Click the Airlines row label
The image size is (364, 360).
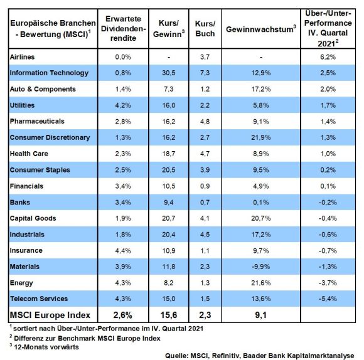[23, 57]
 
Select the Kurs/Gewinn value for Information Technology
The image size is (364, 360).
[169, 73]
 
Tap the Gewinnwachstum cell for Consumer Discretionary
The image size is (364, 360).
[260, 137]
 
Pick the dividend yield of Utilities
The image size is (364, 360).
[123, 105]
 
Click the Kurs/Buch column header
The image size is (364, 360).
[205, 28]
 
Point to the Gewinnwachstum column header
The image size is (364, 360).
[261, 29]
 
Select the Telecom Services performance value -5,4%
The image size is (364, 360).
[328, 299]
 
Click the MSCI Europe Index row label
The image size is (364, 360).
[50, 315]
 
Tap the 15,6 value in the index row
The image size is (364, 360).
[169, 315]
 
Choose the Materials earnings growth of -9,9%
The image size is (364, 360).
[260, 267]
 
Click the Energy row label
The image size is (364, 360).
[21, 283]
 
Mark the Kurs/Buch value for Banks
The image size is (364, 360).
[205, 203]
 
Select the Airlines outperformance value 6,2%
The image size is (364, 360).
[328, 57]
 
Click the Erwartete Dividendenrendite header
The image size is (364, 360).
[123, 28]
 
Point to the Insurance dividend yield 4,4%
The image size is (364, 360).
[123, 250]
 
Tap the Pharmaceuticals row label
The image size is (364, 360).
[37, 121]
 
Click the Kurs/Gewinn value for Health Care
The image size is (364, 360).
[169, 154]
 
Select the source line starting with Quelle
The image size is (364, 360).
[260, 356]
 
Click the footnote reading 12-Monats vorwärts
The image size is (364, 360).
[44, 347]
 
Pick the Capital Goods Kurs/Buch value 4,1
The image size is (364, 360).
[205, 218]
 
